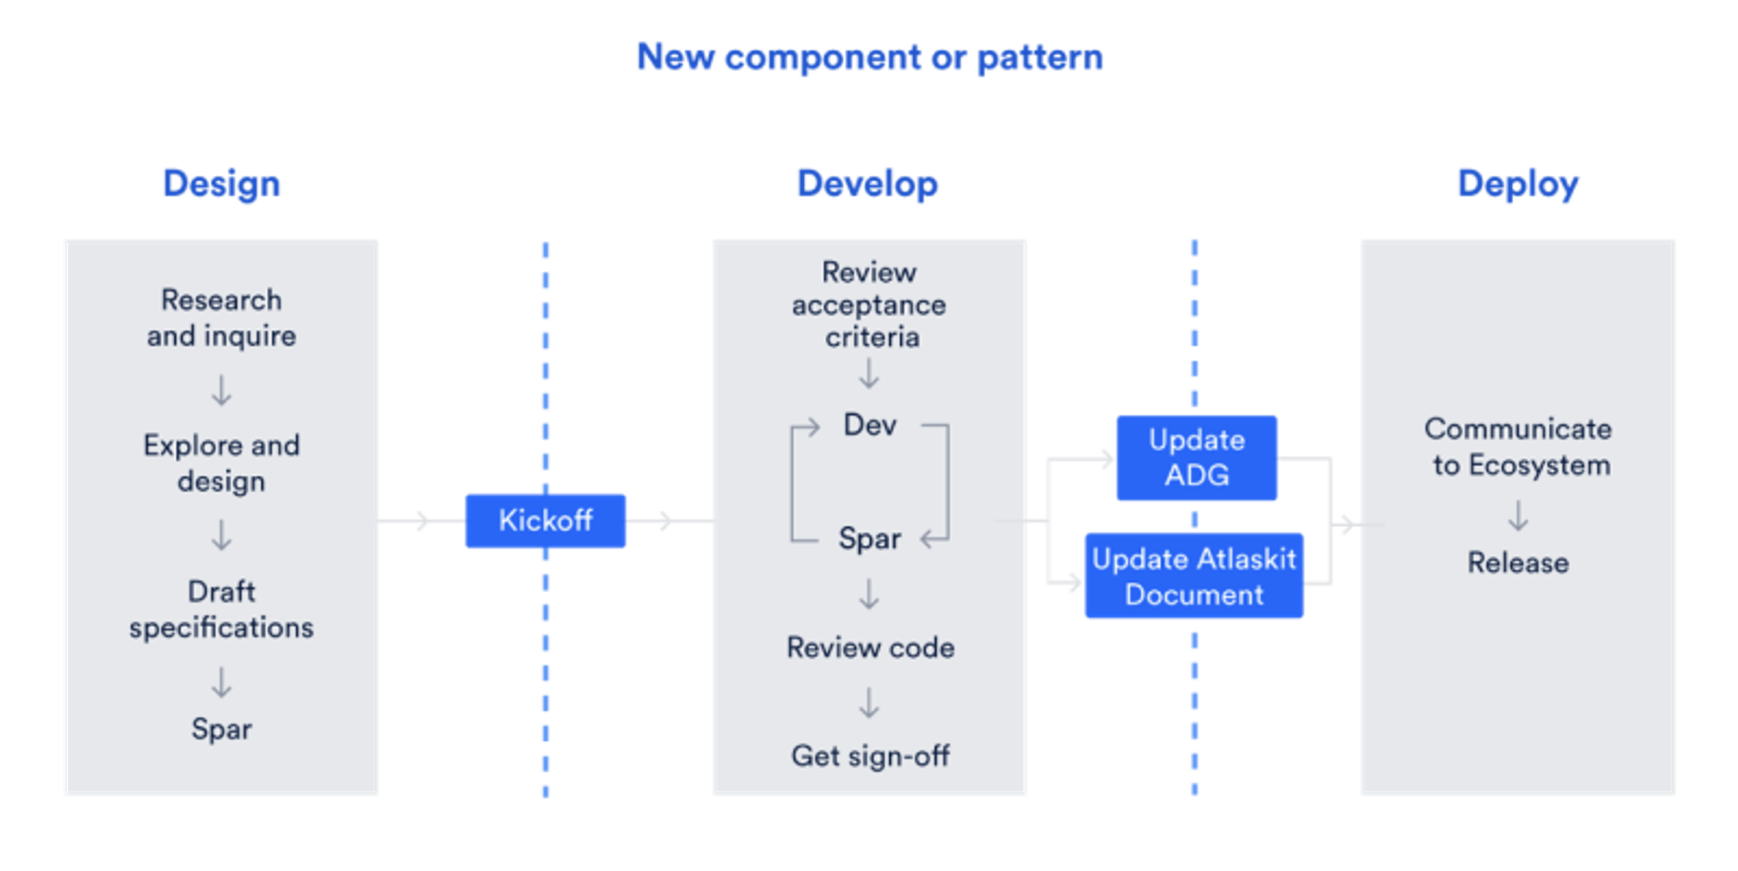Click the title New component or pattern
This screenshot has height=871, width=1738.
(870, 57)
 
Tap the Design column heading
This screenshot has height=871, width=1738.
(221, 184)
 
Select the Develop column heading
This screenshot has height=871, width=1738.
(867, 184)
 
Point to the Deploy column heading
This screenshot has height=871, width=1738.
(1517, 184)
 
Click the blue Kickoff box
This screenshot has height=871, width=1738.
(545, 521)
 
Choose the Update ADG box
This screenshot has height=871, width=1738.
(1197, 458)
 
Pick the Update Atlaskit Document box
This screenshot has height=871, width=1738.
(1194, 577)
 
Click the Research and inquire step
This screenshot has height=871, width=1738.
(222, 318)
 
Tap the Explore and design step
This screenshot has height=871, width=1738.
(222, 464)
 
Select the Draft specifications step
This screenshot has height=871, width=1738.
(222, 609)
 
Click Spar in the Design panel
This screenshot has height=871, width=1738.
(222, 729)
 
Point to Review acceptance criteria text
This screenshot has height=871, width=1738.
(870, 304)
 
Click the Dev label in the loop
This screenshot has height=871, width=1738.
(870, 425)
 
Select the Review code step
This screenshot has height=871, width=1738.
(870, 647)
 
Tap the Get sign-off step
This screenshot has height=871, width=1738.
(870, 756)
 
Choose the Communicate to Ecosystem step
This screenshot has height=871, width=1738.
(1518, 446)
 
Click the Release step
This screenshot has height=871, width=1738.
(1518, 562)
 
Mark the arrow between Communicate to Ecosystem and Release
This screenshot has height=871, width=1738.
(1518, 516)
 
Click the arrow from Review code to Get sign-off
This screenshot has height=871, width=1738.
(869, 703)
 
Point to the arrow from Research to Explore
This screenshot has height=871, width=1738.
(222, 391)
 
